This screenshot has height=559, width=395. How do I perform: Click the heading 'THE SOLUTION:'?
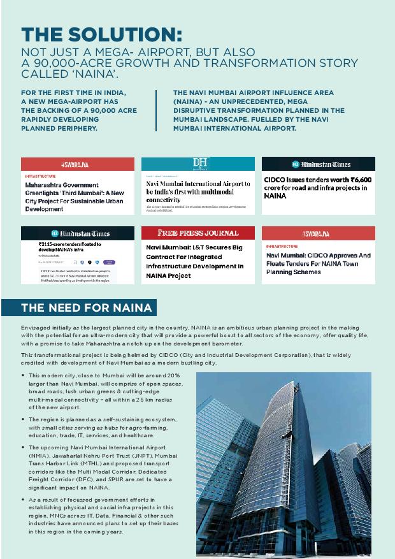tap(102, 34)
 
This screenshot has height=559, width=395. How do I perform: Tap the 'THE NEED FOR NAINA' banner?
tap(87, 308)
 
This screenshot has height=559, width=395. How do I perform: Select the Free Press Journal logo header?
tap(198, 233)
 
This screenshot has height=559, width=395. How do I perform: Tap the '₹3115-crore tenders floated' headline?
tap(69, 247)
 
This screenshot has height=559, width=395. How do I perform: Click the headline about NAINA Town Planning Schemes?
tap(318, 263)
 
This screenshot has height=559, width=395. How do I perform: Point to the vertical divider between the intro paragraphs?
tap(157, 110)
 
